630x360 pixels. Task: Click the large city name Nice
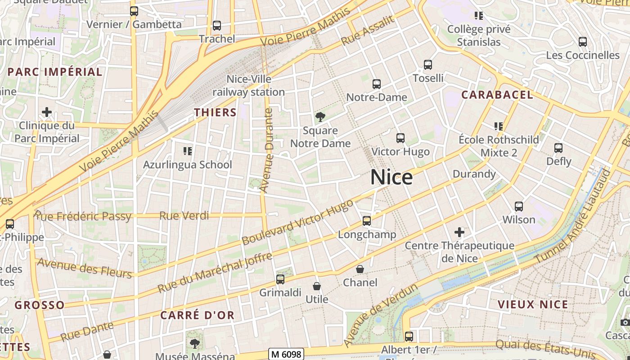391,177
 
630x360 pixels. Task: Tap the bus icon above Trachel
217,26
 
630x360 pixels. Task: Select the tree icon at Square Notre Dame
320,117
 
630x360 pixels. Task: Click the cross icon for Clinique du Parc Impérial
46,112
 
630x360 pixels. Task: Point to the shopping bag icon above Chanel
360,270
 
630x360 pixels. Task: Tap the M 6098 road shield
286,354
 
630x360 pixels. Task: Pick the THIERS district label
215,112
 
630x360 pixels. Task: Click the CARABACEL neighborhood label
497,95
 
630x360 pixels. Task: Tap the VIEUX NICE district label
533,305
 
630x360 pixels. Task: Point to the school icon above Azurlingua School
188,151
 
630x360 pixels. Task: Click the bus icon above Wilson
519,207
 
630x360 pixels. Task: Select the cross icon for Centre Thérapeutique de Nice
459,232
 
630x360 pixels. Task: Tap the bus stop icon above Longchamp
367,221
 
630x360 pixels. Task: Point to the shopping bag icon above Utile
317,286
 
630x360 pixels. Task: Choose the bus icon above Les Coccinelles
583,42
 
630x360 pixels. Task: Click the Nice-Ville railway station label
249,85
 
